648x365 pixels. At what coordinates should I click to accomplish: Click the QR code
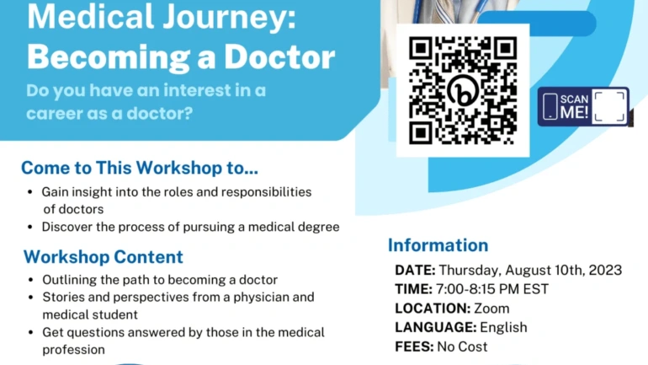tap(463, 91)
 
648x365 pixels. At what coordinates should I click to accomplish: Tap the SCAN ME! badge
tap(583, 106)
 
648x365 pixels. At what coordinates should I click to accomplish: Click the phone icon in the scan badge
tap(550, 106)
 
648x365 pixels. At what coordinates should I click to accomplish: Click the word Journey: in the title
tap(229, 18)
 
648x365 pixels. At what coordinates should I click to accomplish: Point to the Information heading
tap(438, 245)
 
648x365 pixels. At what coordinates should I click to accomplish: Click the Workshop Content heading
tap(104, 256)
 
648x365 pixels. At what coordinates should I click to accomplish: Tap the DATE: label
tap(415, 270)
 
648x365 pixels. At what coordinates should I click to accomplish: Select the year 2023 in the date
tap(605, 270)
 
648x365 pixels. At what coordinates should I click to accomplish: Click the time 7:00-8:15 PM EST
tap(492, 289)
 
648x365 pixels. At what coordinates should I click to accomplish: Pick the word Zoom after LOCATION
tap(491, 309)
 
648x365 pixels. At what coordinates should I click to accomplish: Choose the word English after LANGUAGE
tap(503, 327)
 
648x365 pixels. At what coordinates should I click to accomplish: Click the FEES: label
tap(414, 346)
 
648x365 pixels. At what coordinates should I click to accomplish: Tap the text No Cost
tap(462, 346)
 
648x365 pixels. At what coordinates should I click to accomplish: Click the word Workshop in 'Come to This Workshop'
tap(179, 168)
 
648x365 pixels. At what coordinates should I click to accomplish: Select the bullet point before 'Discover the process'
tap(29, 228)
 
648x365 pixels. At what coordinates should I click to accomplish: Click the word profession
tap(73, 350)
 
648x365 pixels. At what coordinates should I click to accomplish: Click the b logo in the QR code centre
tap(463, 91)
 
